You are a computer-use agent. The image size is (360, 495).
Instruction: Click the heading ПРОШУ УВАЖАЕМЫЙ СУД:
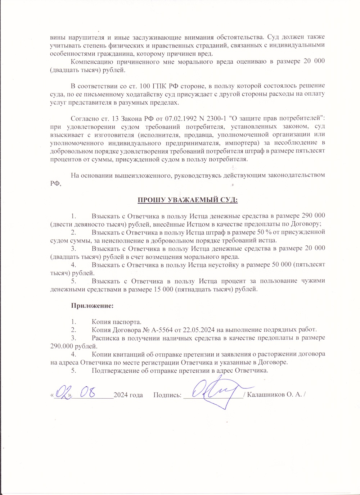point(188,200)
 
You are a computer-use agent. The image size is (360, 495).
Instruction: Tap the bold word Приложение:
point(92,306)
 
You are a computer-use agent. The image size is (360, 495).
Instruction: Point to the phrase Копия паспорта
point(116,322)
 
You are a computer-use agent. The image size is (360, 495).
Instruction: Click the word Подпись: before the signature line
point(167,395)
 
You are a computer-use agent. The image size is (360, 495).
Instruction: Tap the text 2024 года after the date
point(128,395)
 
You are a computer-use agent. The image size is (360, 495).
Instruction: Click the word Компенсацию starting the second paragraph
point(93,62)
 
